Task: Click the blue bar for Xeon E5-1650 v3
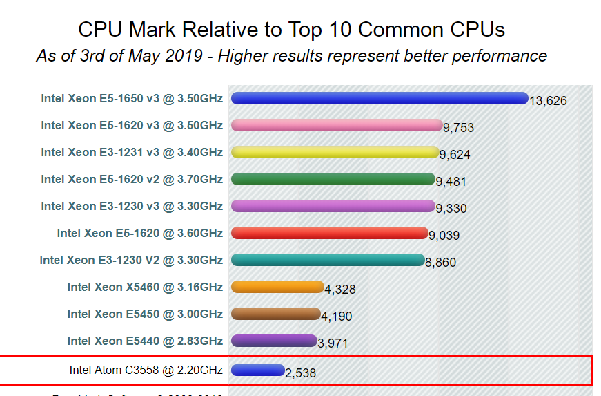(x=380, y=98)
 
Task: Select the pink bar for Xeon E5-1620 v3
(x=337, y=125)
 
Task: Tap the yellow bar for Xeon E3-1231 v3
(x=335, y=152)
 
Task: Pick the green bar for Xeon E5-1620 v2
(x=333, y=179)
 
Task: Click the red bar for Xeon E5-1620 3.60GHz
(x=330, y=233)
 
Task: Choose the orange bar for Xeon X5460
(x=277, y=287)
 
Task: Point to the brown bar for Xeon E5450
(x=276, y=314)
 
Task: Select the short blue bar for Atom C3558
(x=258, y=370)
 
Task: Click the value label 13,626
(x=548, y=101)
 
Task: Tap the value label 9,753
(x=458, y=128)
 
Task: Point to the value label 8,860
(x=440, y=263)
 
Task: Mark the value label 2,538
(x=301, y=373)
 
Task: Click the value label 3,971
(x=335, y=343)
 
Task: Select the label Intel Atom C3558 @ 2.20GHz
(x=146, y=370)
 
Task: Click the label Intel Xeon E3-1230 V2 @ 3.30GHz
(x=131, y=260)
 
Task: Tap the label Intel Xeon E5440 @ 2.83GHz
(x=145, y=341)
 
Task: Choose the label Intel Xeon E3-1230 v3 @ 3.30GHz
(x=132, y=206)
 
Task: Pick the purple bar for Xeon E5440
(x=274, y=341)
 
